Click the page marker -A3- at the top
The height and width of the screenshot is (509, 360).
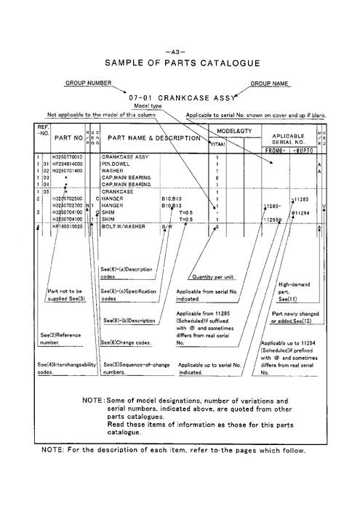click(179, 52)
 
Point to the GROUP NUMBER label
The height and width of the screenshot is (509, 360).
click(89, 84)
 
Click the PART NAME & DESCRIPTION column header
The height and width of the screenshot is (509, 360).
click(154, 137)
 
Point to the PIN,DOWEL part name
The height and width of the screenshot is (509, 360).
click(116, 164)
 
